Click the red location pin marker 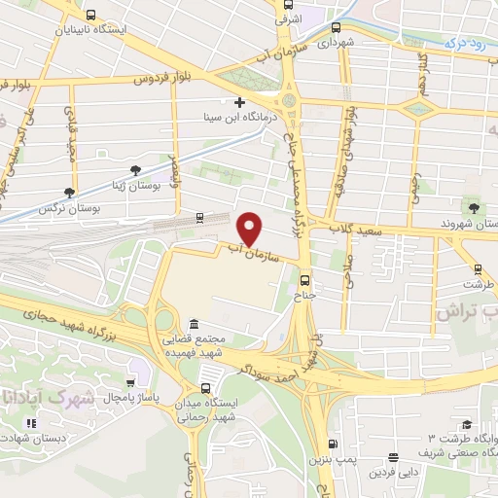click(251, 228)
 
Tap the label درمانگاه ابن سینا click(239, 118)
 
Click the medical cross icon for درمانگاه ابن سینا click(239, 102)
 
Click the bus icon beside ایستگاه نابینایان click(90, 15)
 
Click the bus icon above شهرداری click(336, 27)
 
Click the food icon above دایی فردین click(393, 458)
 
